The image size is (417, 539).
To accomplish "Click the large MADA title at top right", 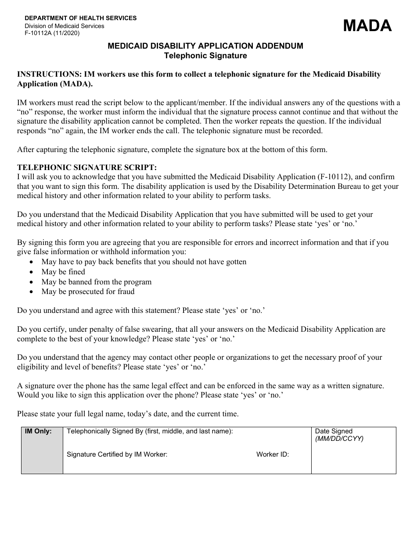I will click(x=367, y=26).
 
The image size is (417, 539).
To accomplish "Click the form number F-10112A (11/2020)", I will click(x=52, y=33).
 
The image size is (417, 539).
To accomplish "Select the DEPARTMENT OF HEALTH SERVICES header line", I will click(x=80, y=18).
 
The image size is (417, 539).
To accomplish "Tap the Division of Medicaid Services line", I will click(x=64, y=26).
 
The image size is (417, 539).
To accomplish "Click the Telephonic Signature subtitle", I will click(x=205, y=56).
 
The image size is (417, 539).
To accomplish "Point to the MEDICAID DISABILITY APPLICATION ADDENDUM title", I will click(x=205, y=46).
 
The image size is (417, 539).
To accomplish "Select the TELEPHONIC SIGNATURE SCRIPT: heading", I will click(x=86, y=167).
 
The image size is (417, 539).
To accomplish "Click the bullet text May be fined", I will click(x=63, y=272).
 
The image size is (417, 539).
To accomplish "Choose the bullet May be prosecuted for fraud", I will click(x=88, y=291).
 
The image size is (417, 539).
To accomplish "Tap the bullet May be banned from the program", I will click(x=96, y=282).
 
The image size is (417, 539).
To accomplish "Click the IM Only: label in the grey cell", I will click(x=38, y=431).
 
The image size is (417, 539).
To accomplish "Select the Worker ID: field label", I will click(x=273, y=454).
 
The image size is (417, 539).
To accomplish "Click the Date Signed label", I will click(x=334, y=431).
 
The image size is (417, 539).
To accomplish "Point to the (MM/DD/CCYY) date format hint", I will click(x=339, y=439).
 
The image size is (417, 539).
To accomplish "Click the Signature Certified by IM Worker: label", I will click(x=117, y=454).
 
